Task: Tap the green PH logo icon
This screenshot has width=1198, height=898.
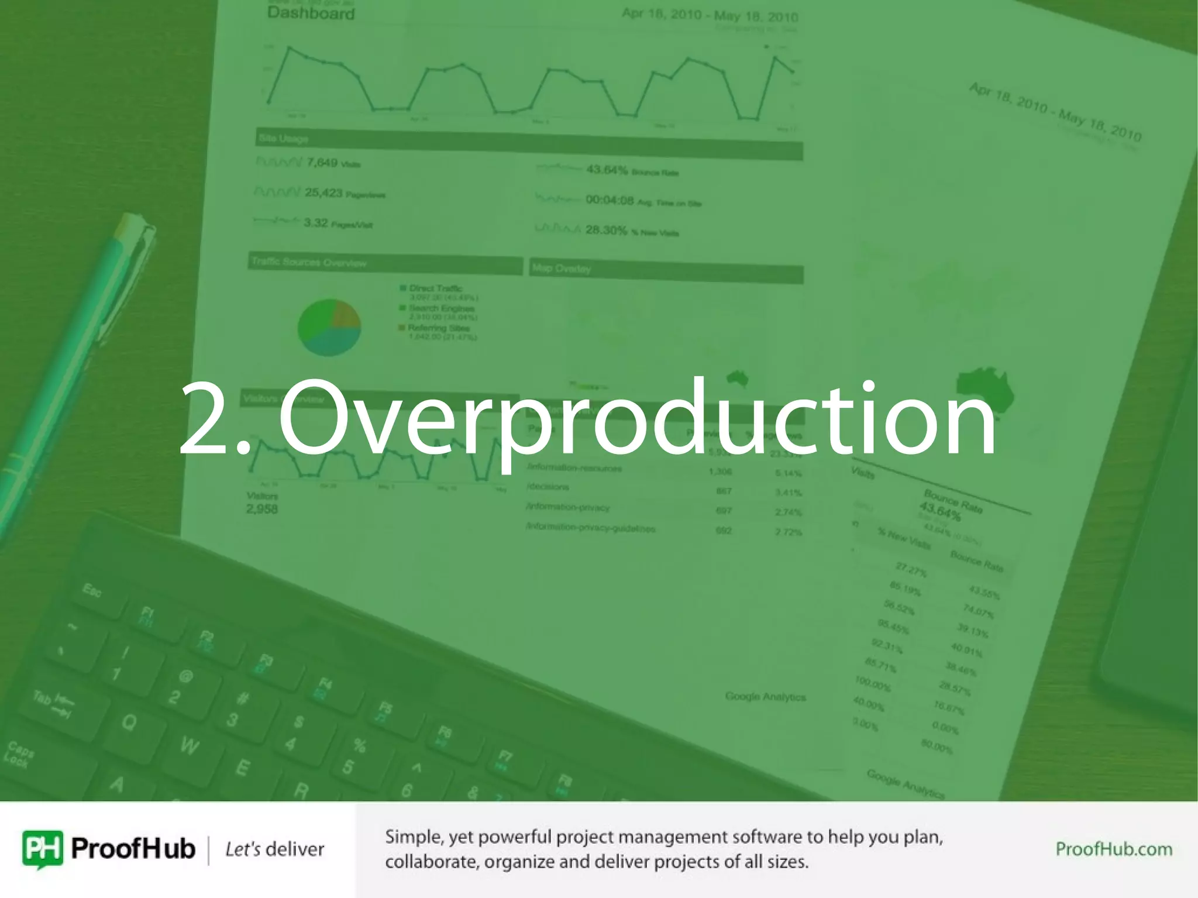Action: [x=42, y=848]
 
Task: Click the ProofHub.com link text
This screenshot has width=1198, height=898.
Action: [x=1113, y=849]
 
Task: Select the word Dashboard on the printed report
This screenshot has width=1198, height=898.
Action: [x=311, y=13]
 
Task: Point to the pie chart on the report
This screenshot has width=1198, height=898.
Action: [x=329, y=327]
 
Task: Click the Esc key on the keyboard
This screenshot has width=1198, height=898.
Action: [x=92, y=590]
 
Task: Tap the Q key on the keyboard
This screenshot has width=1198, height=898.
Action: [x=129, y=722]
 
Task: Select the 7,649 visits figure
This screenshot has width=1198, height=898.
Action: [x=322, y=162]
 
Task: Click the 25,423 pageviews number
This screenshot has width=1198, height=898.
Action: [x=323, y=192]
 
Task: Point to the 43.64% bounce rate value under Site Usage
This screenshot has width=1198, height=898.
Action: [x=607, y=170]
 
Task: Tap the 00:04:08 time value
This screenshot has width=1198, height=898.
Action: [x=610, y=200]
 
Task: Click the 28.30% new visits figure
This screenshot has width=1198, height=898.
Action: [x=606, y=230]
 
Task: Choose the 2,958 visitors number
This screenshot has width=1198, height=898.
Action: [x=261, y=509]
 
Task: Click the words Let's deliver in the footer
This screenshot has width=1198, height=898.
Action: [x=274, y=849]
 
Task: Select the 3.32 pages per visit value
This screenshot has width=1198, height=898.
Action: [x=315, y=222]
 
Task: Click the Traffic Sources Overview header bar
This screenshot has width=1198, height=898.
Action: [x=384, y=263]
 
